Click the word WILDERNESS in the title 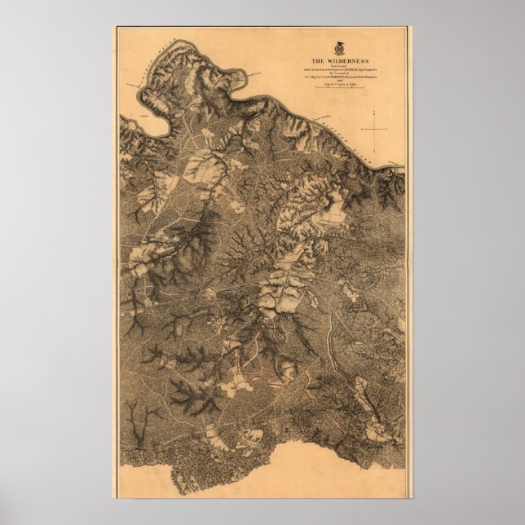346,61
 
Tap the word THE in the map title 319,61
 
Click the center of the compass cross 375,130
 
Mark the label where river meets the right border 398,165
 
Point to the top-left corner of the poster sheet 113,27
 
